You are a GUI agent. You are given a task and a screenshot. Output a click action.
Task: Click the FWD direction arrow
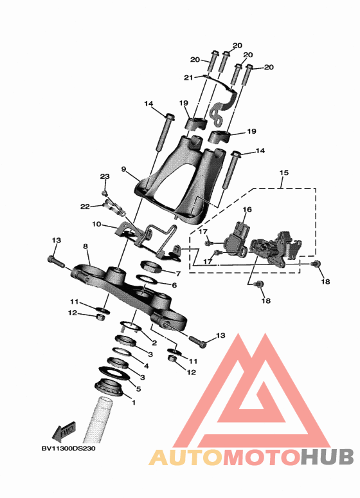[x=64, y=432]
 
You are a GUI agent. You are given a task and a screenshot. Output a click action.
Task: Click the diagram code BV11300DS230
[x=68, y=448]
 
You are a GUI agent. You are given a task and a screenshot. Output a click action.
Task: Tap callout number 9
[x=124, y=169]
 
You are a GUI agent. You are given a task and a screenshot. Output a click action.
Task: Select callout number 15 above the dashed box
[x=284, y=173]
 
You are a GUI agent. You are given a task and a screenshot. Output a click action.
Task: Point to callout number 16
[x=247, y=209]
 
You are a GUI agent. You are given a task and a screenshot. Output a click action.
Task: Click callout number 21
[x=188, y=77]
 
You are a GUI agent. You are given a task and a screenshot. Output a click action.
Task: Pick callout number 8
[x=85, y=246]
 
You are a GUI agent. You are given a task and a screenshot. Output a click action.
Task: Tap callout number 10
[x=96, y=224]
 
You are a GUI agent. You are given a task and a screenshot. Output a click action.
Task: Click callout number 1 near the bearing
[x=134, y=402]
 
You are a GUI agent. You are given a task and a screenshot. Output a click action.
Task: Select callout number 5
[x=138, y=389]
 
